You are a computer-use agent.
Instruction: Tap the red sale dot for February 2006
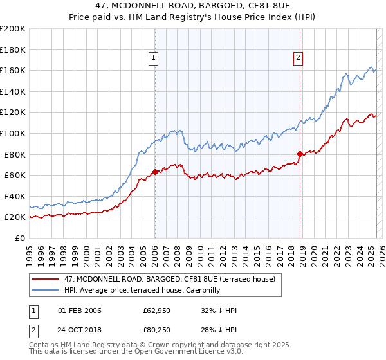coord(155,172)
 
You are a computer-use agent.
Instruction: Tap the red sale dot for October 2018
coord(300,154)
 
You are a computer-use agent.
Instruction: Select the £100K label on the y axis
coord(12,133)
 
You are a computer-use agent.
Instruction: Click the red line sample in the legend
coord(46,279)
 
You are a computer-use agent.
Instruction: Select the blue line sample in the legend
coord(46,289)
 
